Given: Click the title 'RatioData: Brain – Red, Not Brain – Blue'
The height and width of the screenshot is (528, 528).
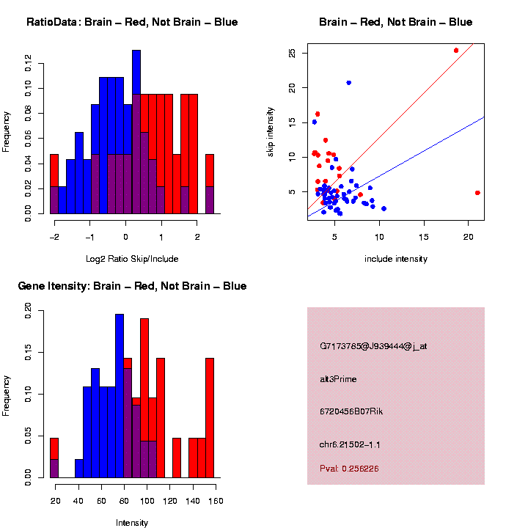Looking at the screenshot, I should [132, 22].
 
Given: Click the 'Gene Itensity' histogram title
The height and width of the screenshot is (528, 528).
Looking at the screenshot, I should [132, 286].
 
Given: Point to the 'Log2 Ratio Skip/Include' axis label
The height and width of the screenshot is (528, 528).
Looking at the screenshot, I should [132, 258].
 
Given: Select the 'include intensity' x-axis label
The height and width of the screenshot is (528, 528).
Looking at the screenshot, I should [396, 258].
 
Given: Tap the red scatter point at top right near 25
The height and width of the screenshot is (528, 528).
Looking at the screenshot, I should [456, 51].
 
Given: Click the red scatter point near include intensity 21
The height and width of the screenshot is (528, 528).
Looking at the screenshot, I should [477, 193].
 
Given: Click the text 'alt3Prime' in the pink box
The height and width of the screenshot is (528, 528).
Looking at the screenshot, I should [338, 379].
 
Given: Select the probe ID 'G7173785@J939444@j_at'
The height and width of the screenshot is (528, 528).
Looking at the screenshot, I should [373, 346].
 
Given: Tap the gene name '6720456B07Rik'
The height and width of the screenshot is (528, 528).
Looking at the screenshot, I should [351, 411].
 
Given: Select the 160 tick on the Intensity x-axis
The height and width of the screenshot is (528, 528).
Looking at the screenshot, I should [215, 501].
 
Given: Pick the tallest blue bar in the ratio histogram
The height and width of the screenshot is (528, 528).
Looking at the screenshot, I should [136, 132].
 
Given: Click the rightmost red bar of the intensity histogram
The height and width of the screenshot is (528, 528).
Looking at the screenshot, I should [210, 418].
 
